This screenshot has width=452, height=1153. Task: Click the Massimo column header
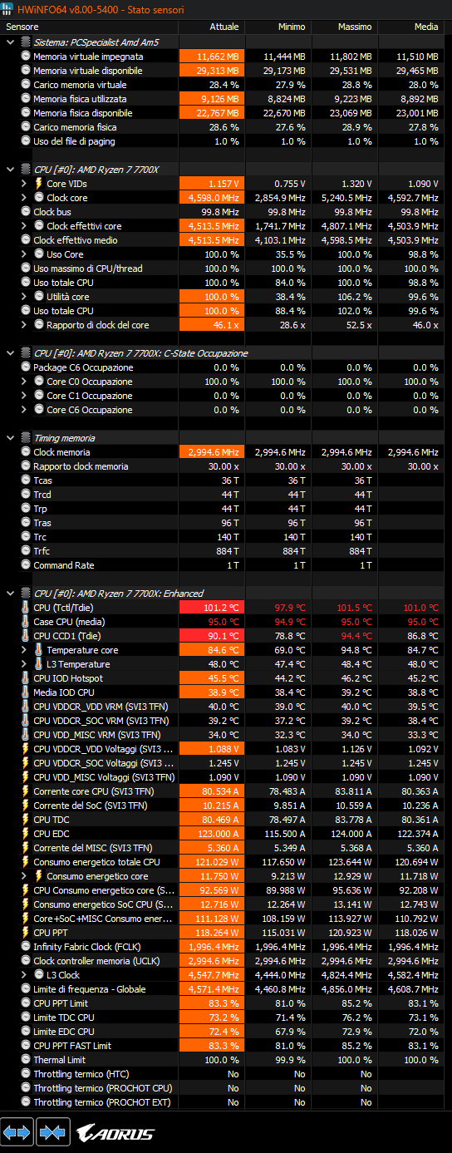click(354, 27)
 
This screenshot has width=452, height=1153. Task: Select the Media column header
click(425, 27)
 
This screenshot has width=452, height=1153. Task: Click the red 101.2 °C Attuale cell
click(212, 608)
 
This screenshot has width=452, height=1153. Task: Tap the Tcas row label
click(42, 480)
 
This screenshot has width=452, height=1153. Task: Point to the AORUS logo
click(115, 1133)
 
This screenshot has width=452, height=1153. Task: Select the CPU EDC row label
click(52, 833)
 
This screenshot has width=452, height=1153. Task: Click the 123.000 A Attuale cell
click(212, 833)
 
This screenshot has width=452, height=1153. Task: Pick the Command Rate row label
click(64, 565)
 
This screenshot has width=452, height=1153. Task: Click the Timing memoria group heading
click(64, 438)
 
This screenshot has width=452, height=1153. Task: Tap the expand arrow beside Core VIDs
click(23, 183)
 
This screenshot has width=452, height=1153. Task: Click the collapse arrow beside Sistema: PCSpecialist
click(10, 42)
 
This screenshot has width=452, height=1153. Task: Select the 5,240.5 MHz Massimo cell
click(346, 198)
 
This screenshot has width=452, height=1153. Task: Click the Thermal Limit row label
click(59, 1060)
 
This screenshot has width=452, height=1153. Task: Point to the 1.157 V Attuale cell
click(212, 183)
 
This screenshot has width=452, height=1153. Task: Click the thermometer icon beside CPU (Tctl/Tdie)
click(25, 608)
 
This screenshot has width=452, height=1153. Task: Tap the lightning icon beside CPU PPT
click(25, 932)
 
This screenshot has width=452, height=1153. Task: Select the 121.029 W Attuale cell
click(212, 862)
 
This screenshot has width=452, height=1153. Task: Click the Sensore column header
click(22, 27)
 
